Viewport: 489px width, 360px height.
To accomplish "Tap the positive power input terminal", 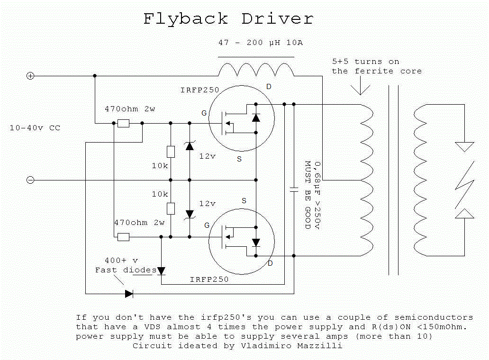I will click(30, 76).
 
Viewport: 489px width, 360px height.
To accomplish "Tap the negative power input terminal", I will click(30, 180).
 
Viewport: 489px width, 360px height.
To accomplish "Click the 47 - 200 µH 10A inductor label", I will click(260, 43).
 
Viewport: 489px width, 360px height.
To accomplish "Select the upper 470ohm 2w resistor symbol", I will click(123, 123).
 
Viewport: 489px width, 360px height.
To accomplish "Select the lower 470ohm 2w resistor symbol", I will click(123, 237).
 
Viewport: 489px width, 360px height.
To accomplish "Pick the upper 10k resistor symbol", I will click(171, 152).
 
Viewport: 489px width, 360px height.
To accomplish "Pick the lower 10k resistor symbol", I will click(171, 208).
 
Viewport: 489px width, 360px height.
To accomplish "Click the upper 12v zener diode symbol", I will click(190, 146).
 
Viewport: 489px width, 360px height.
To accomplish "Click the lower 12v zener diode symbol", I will click(190, 214).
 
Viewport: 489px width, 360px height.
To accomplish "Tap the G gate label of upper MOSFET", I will click(204, 113).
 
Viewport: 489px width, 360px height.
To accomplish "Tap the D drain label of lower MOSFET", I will click(270, 263).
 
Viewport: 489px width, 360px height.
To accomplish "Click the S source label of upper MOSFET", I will click(239, 159).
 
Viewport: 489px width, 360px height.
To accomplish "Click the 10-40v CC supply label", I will click(35, 128).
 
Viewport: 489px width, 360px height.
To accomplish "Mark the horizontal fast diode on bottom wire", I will click(129, 294).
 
